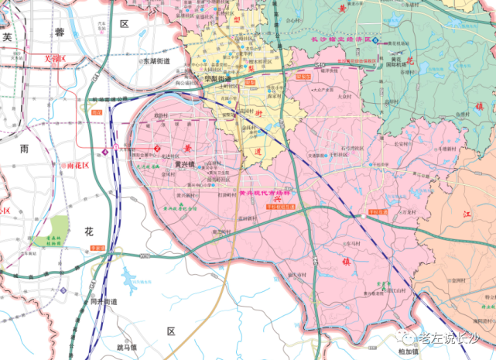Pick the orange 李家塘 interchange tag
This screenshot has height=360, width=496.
[97, 247]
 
